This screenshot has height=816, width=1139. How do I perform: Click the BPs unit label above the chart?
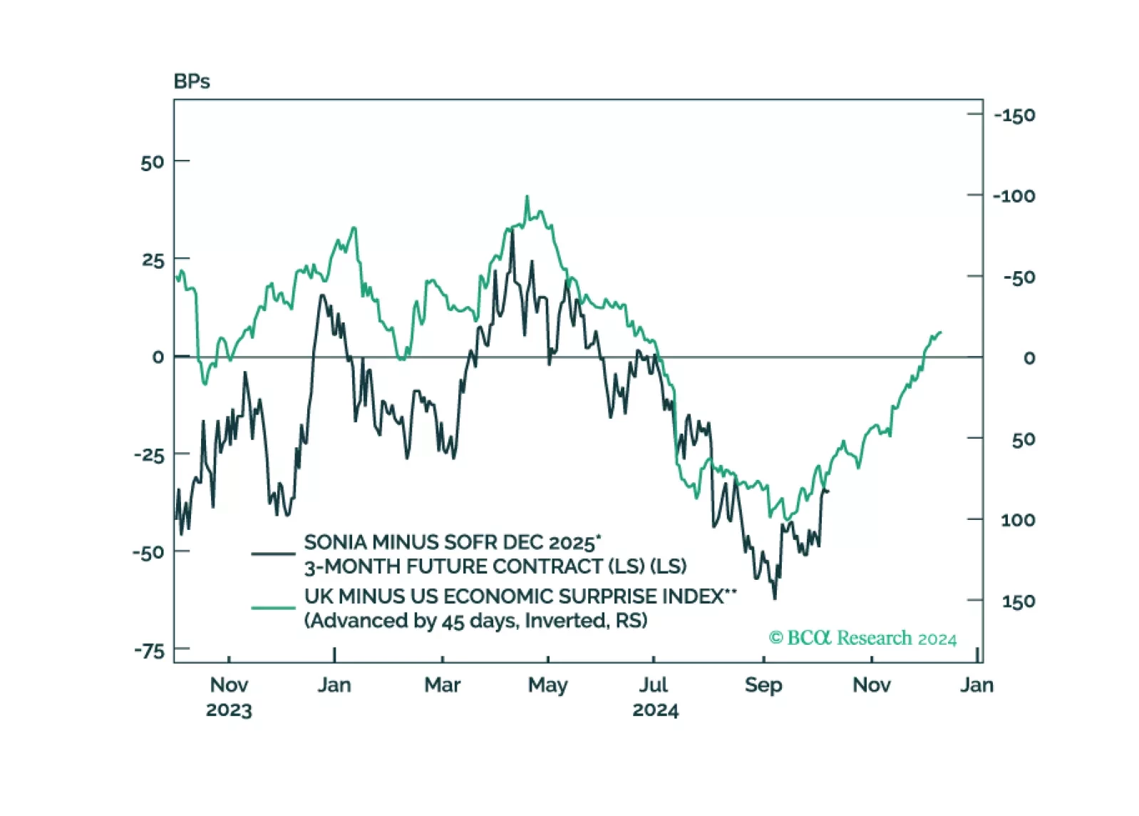192,81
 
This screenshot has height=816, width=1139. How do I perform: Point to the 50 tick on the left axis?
153,162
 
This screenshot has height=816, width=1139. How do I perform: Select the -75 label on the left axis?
149,651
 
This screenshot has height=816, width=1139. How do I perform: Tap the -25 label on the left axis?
149,455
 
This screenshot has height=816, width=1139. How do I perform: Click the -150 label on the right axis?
1014,116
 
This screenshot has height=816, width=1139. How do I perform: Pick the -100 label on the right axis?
1014,196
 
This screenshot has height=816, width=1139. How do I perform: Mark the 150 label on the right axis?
1018,601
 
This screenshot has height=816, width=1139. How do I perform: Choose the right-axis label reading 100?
1018,520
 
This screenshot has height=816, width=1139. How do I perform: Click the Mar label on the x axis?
442,685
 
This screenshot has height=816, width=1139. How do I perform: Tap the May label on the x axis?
547,685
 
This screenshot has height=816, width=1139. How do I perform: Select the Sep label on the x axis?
763,685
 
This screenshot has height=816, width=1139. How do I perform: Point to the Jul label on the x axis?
653,685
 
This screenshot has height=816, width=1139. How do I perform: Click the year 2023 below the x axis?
229,710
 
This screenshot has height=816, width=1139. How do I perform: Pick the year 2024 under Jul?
655,710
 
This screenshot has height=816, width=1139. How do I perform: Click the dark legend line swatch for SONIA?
273,554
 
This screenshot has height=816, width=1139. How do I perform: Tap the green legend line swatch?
273,608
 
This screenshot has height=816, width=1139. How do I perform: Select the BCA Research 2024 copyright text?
862,638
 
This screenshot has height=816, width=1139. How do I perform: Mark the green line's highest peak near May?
527,197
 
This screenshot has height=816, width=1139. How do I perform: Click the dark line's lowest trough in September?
775,598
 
